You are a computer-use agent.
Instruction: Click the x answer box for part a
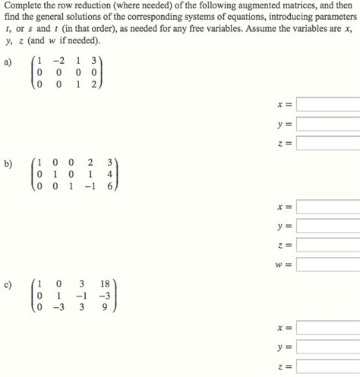(x=327, y=104)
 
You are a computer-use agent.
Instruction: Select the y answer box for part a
(x=327, y=124)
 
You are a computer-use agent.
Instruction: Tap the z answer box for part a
(x=327, y=143)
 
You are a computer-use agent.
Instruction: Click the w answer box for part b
(x=327, y=265)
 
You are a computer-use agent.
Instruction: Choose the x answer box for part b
(x=327, y=207)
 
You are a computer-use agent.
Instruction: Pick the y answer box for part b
(x=327, y=226)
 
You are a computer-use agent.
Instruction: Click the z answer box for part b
(x=327, y=245)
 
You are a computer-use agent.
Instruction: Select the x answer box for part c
(x=327, y=328)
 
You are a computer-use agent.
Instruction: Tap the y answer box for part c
(x=327, y=347)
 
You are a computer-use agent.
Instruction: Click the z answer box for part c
(x=327, y=367)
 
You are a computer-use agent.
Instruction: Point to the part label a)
(x=8, y=64)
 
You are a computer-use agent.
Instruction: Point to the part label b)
(x=8, y=162)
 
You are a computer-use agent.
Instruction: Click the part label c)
(x=8, y=284)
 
